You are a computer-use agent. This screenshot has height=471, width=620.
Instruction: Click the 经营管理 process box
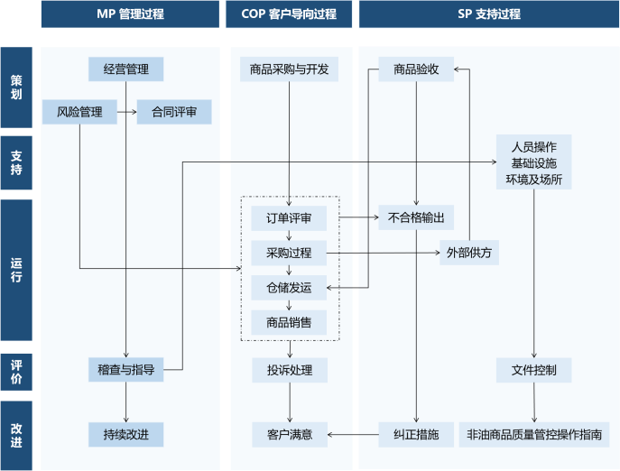coord(125,69)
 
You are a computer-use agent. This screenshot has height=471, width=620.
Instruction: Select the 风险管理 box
coord(79,113)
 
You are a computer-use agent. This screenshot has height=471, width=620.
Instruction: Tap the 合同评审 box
coord(174,113)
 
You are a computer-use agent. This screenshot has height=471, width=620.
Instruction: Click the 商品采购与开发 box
coord(289,69)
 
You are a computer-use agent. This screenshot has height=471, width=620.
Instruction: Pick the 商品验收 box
coord(416,69)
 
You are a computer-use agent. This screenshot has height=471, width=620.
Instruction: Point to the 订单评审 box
coord(289,217)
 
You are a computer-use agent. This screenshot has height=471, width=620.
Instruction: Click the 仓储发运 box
coord(289,288)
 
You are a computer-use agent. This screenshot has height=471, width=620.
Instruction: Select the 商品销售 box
coord(289,322)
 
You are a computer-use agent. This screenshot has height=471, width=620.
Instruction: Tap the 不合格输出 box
coord(416,217)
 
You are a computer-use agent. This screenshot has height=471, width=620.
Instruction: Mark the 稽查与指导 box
coord(125,369)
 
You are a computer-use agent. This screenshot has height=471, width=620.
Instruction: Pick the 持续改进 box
coord(125,435)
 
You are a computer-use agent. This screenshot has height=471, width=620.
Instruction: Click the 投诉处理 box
coord(289,369)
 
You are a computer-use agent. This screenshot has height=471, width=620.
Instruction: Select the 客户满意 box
coord(289,435)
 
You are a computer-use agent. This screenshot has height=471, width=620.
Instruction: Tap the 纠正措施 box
coord(416,435)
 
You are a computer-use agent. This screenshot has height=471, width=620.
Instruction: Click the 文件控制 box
coord(533,369)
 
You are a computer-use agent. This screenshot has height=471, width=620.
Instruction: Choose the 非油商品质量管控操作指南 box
coord(533,435)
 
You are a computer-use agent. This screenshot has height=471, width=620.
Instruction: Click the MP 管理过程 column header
coord(130,14)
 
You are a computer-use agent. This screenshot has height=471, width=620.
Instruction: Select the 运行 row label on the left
coord(16,270)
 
